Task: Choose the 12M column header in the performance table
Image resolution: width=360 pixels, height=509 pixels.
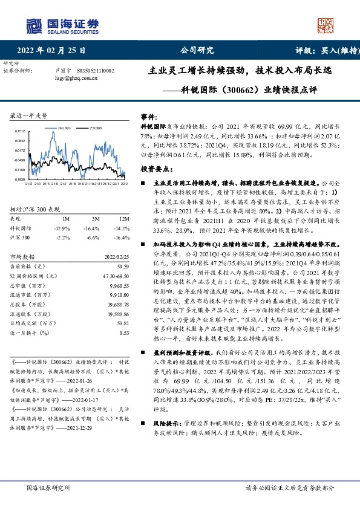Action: pos(124,218)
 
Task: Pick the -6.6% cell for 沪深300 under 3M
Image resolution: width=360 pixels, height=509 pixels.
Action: pos(92,238)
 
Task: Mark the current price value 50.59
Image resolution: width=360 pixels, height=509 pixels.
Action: pos(123,266)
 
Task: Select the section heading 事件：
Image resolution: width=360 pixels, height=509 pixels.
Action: pos(149,115)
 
